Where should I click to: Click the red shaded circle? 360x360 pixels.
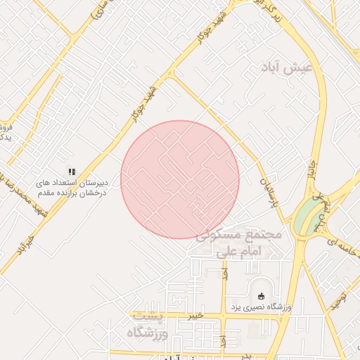coord(180,179)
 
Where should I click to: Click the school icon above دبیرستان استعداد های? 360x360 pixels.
coord(71,172)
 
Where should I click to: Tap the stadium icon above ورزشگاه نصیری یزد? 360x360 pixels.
coord(263,296)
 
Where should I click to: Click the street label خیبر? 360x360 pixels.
coord(195,315)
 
